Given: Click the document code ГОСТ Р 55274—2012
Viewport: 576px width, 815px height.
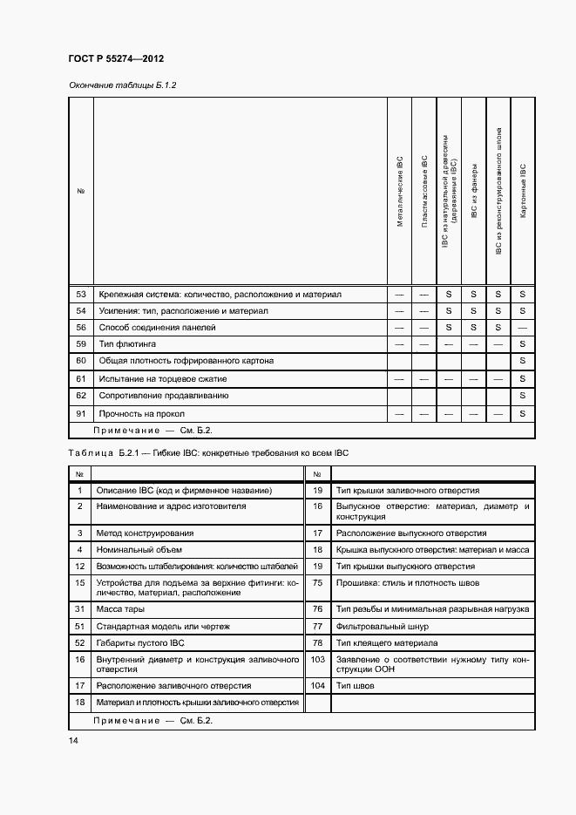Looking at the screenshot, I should (116, 59).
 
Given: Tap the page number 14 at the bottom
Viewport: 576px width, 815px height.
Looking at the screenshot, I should (73, 740).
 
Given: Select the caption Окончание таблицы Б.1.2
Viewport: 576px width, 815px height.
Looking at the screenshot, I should (122, 85).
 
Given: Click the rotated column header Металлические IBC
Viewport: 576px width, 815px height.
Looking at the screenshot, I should (400, 191).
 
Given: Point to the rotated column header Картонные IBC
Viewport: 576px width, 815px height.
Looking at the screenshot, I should (523, 191).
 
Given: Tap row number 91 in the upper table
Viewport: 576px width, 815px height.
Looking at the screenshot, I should (80, 413).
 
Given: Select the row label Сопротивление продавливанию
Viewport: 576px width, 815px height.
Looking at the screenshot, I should (163, 396).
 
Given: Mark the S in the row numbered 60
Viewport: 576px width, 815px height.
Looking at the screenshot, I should (523, 360).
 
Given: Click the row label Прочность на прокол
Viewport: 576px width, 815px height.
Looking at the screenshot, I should (141, 413).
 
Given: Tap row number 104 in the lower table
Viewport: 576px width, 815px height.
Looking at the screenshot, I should (317, 686).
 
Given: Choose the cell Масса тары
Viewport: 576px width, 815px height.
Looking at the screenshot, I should (120, 609).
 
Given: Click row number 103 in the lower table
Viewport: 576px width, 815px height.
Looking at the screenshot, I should (317, 660).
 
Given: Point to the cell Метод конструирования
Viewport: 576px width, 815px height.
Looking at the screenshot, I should (145, 533).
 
